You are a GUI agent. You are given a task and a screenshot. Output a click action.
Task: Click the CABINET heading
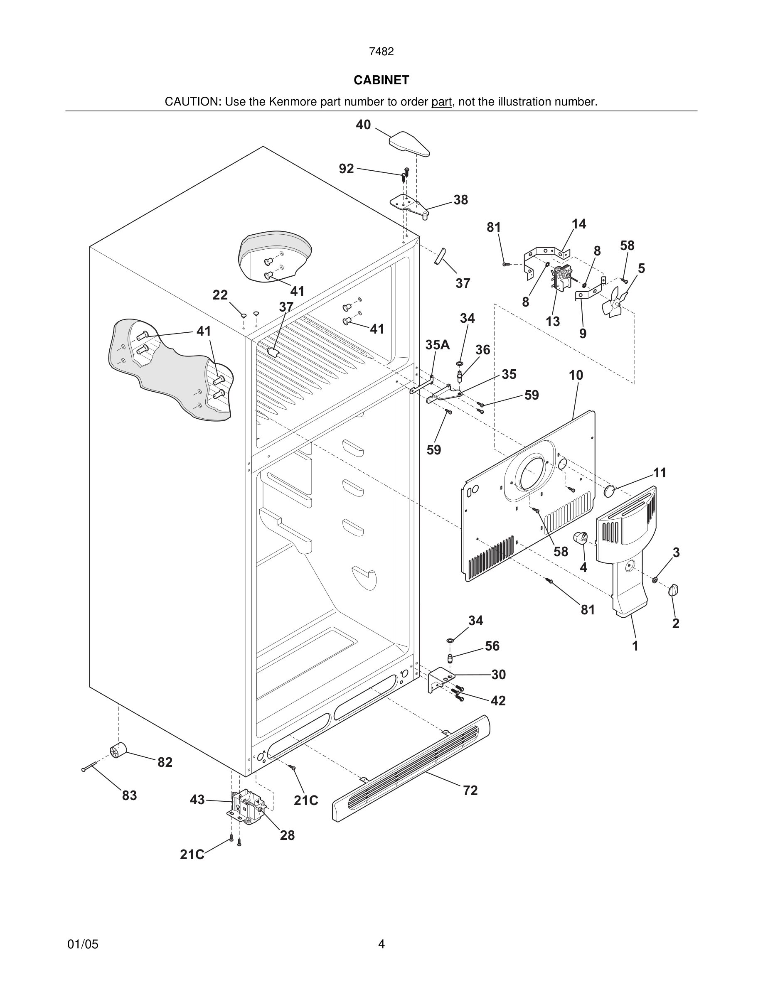(x=381, y=80)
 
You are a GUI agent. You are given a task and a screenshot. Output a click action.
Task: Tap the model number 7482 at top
(x=381, y=52)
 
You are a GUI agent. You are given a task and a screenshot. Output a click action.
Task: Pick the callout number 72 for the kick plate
(x=470, y=791)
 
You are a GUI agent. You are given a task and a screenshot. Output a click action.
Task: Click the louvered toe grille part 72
(x=411, y=768)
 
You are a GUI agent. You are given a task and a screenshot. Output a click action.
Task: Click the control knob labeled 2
(x=673, y=590)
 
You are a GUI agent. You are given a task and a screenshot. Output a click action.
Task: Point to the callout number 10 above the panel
(x=576, y=375)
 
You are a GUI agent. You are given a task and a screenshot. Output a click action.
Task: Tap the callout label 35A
(x=437, y=345)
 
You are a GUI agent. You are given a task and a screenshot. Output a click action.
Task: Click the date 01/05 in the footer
(x=83, y=944)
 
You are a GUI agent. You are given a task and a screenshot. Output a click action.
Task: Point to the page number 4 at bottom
(x=381, y=944)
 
